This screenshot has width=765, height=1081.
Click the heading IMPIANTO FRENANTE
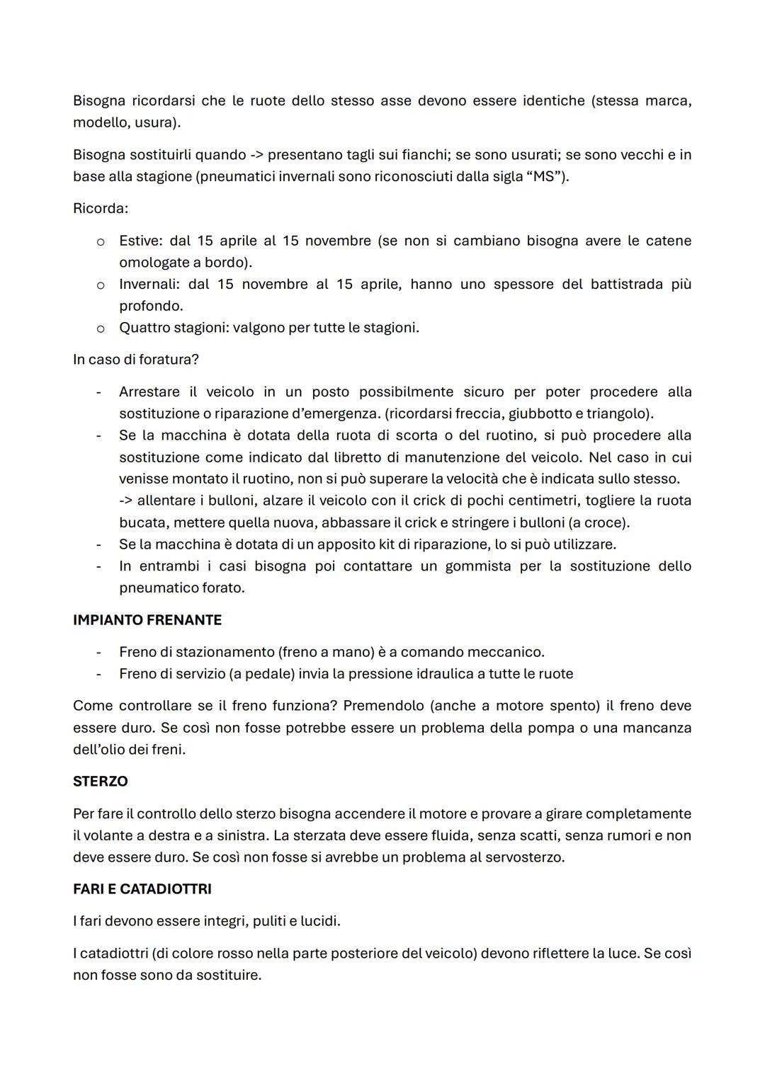point(147,620)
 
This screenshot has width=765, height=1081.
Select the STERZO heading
point(100,782)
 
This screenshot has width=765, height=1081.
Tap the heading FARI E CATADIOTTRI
point(142,889)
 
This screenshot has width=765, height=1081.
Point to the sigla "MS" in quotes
point(543,176)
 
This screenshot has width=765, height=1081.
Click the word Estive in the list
point(139,241)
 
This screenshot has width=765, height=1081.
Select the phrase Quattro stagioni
point(172,328)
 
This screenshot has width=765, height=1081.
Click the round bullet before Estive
point(101,241)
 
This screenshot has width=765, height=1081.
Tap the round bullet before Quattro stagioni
point(101,328)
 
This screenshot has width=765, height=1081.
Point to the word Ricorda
point(100,209)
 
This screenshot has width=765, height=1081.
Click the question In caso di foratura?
point(136,360)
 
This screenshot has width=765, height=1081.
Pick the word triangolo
point(618,413)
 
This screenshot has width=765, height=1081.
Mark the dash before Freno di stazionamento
point(99,652)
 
